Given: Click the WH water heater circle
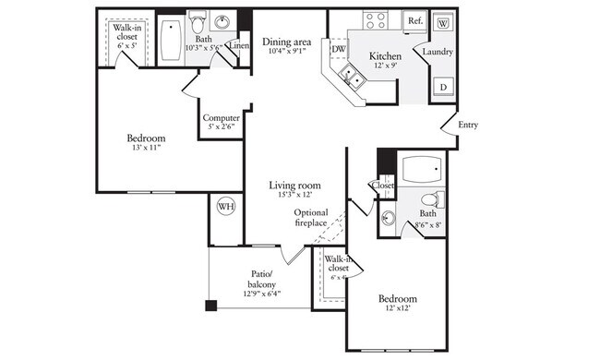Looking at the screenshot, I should coord(225,207).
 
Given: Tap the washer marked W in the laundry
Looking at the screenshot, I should coord(441,22).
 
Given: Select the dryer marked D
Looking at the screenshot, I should coord(443,88).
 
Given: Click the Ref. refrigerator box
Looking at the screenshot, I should coord(414,20).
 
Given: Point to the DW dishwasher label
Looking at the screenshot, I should coord(339,49).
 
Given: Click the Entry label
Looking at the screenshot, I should coord(468,126).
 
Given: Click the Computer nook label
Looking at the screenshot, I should coord(222,118).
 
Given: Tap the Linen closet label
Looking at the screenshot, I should coord(239,45).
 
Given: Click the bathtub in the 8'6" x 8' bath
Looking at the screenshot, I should coord(424,171).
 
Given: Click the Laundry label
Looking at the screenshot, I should coord(438,52).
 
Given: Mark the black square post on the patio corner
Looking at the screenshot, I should coord(211,306).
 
